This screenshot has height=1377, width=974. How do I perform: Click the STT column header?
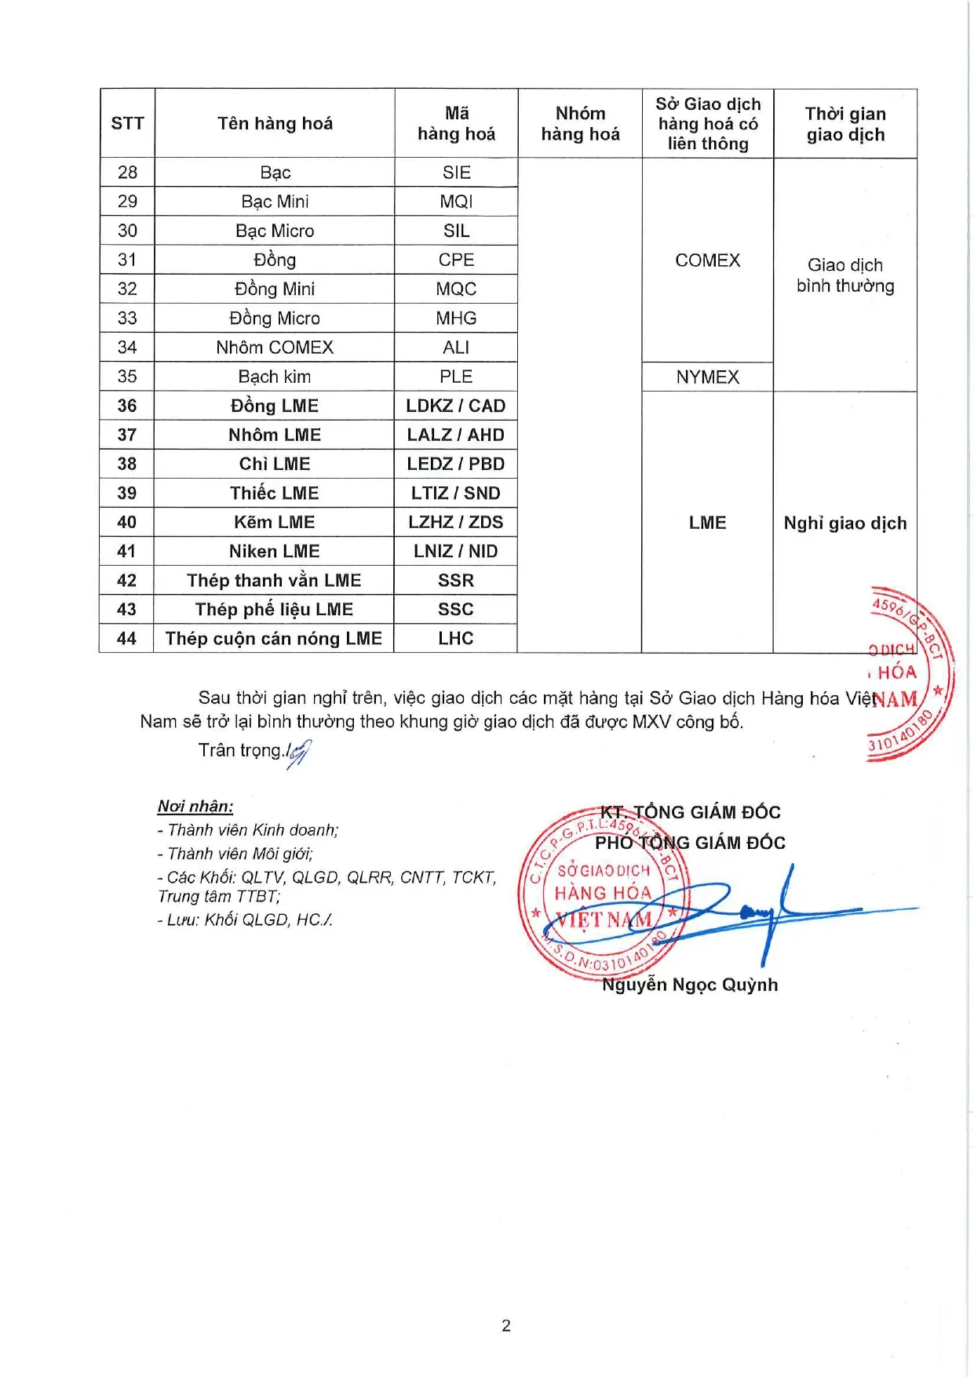point(127,123)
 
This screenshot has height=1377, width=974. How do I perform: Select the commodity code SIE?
point(456,173)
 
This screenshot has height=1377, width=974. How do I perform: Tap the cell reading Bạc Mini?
point(275,202)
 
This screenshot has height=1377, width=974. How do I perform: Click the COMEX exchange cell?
point(707,260)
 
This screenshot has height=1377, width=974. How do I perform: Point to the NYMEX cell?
point(707,377)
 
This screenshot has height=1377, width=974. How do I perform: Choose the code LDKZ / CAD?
point(455,406)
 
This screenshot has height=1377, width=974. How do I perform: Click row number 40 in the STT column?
point(126,523)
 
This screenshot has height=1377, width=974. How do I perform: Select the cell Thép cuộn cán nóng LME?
point(274,639)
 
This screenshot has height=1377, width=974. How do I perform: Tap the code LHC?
point(455,639)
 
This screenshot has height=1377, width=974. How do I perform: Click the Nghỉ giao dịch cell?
point(844,523)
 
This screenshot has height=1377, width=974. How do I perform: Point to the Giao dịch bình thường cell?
point(844,275)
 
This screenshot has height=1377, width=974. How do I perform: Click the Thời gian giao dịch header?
point(844,124)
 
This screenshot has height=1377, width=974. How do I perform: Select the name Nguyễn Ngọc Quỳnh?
point(690,985)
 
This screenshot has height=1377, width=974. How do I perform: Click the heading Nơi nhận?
point(195,807)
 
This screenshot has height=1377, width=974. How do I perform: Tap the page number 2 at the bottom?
point(506,1325)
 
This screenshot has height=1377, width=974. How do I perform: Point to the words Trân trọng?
point(240,750)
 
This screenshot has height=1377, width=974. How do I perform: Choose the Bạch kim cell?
point(275,377)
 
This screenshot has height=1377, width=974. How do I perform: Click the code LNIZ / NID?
point(455,552)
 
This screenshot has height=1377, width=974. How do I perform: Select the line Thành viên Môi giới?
point(235,854)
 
